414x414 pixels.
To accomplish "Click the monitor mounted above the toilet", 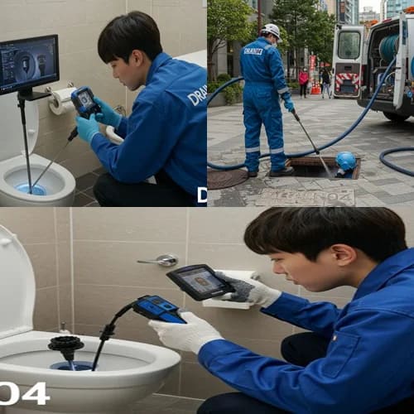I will tap(29, 65).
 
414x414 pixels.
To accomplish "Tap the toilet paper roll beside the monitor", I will tap(61, 101).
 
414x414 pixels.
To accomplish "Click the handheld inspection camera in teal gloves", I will tap(84, 102).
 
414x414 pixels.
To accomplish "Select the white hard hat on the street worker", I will tap(271, 31).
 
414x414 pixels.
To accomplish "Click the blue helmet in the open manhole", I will tap(346, 161).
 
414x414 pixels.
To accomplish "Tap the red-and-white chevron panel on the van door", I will tap(346, 83).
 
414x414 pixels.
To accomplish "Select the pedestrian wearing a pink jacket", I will tap(304, 81).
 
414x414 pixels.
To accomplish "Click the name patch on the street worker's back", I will tap(253, 51).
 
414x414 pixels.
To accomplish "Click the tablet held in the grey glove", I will tap(200, 282).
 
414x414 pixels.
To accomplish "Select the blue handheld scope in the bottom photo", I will tap(158, 309).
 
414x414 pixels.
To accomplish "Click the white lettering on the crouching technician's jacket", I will tap(197, 94).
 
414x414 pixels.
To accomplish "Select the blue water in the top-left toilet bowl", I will tap(31, 189).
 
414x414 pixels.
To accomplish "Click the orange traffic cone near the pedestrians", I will tap(315, 87).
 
